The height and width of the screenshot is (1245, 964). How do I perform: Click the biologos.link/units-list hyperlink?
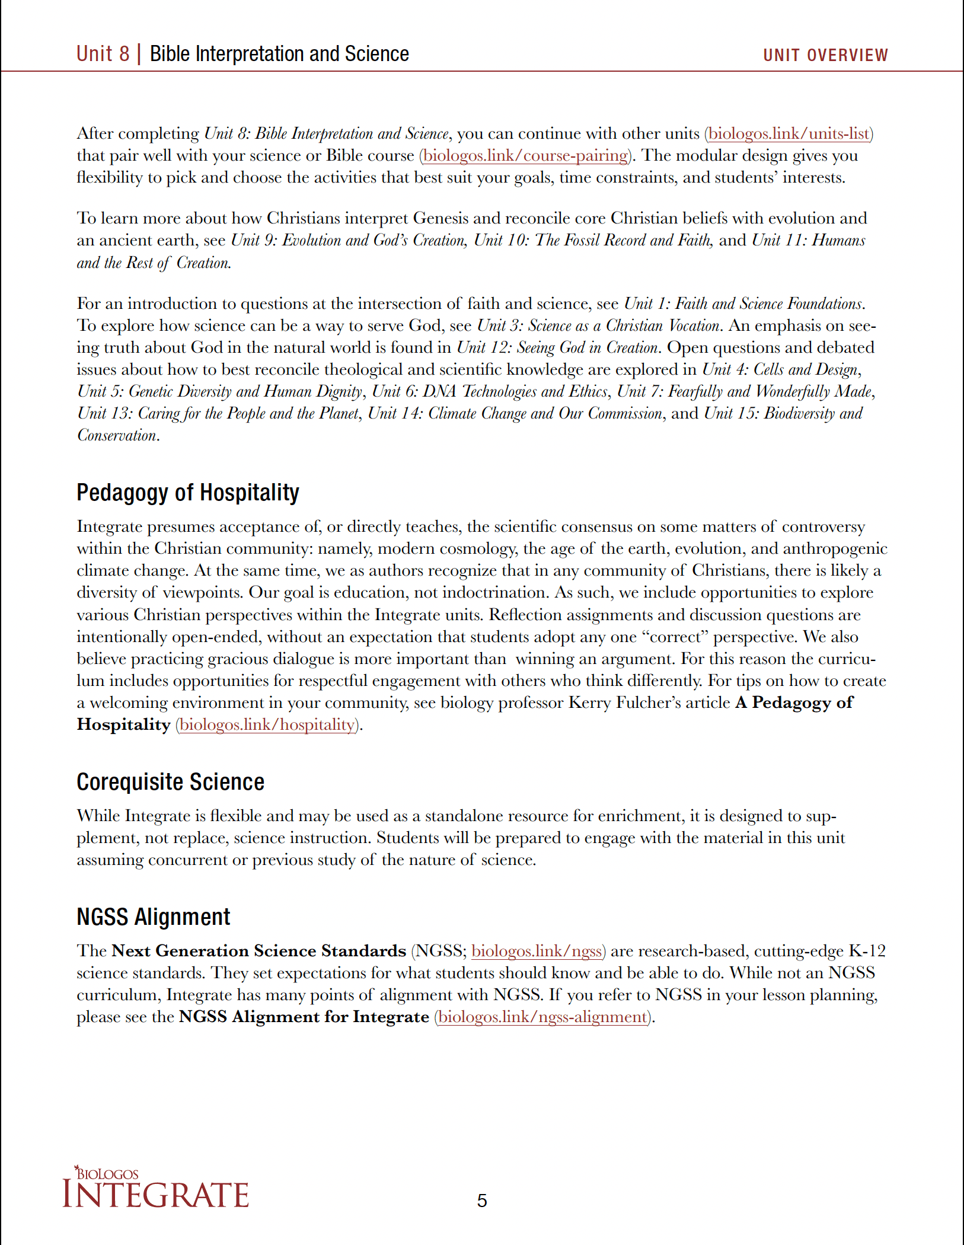click(789, 133)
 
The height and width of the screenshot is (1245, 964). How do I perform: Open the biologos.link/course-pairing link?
click(525, 155)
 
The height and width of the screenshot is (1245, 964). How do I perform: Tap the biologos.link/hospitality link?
click(267, 724)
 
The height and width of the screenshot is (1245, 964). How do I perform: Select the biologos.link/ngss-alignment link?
click(542, 1017)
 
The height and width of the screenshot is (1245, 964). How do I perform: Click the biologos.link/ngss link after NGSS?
click(537, 951)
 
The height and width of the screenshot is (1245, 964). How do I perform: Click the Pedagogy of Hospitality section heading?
click(188, 493)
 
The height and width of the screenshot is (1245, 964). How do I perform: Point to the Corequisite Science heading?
click(170, 782)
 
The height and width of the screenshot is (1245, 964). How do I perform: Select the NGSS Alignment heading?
click(153, 917)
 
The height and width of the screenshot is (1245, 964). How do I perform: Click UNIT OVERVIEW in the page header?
click(825, 55)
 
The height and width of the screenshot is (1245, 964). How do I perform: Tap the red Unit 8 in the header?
click(103, 54)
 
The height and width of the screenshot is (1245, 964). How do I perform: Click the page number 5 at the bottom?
click(482, 1201)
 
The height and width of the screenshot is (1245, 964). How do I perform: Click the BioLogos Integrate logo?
click(155, 1188)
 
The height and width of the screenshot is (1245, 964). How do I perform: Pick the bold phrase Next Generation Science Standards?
click(258, 951)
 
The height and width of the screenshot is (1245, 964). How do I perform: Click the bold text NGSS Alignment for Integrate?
click(304, 1017)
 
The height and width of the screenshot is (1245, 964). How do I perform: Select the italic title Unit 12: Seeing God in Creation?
click(557, 347)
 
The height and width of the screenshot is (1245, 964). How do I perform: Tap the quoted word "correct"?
click(675, 637)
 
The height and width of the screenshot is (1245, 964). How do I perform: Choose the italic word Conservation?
click(117, 435)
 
